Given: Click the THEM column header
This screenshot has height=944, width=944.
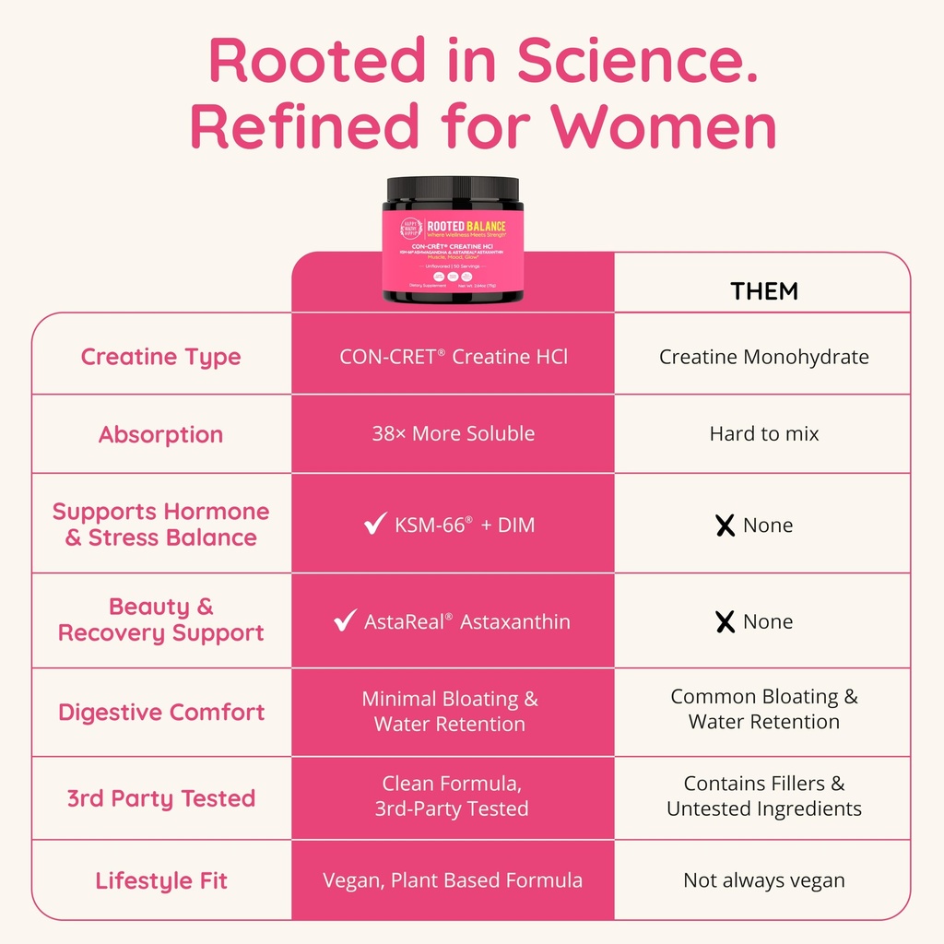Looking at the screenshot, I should [x=764, y=291].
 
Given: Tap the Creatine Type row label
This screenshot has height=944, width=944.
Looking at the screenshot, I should [x=160, y=357].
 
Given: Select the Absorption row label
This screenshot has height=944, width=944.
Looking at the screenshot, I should [x=160, y=434].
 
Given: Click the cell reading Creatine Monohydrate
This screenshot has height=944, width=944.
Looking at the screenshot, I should [x=763, y=357].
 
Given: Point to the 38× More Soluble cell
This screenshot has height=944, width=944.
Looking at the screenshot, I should [x=453, y=433].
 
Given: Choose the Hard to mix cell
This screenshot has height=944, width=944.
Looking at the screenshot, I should [x=763, y=433].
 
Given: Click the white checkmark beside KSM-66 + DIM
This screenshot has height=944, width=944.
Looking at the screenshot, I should [x=375, y=525].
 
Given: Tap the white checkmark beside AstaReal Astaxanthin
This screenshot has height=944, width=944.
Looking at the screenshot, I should [x=346, y=621].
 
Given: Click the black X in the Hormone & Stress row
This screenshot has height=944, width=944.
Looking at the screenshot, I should [x=726, y=525].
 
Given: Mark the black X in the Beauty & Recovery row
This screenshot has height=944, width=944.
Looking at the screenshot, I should [x=726, y=622].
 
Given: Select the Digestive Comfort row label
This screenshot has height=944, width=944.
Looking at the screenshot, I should [x=161, y=712].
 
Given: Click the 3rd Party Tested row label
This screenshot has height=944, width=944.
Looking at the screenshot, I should [x=161, y=798].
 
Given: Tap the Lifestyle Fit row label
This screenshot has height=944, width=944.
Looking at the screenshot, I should [x=161, y=880].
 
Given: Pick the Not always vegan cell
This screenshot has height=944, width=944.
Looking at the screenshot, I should [x=763, y=880].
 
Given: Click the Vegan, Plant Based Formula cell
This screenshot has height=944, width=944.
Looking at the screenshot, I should [x=453, y=880].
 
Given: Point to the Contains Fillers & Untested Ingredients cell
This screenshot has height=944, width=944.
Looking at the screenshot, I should [x=763, y=796].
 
